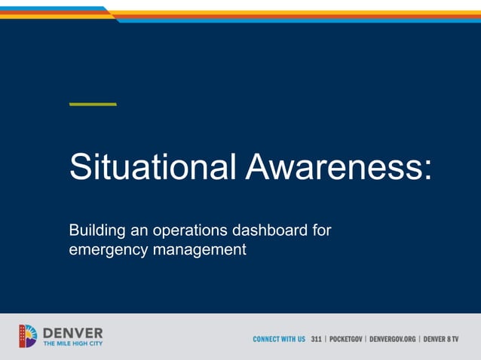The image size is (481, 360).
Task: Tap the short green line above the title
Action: [93, 104]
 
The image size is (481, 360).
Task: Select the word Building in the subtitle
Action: [94, 230]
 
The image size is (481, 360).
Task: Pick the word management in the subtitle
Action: [200, 249]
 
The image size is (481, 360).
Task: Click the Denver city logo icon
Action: [28, 336]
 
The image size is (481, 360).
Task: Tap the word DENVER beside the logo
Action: [73, 332]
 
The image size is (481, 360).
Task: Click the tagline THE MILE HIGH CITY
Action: [73, 343]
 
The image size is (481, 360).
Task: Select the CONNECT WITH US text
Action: [279, 340]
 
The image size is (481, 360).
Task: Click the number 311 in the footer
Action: [317, 340]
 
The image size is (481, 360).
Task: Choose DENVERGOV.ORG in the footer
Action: [393, 340]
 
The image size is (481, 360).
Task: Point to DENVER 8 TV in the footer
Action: [441, 340]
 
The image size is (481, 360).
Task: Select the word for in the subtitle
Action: [321, 230]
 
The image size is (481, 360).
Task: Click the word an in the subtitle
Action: [141, 230]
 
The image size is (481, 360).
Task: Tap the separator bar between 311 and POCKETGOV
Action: [326, 340]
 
